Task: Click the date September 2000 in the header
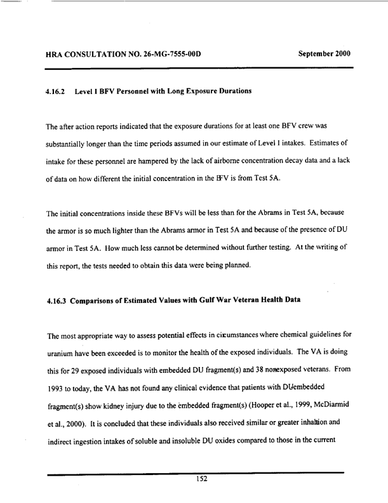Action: click(x=324, y=51)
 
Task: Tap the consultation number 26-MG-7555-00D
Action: click(x=163, y=51)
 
